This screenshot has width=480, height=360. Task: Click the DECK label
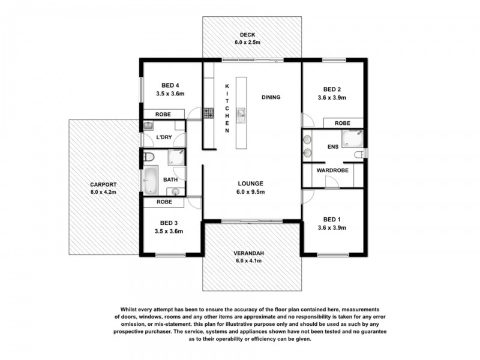click(x=244, y=34)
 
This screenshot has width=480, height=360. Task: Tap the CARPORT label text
click(x=103, y=185)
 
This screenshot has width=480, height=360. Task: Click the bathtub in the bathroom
click(x=150, y=179)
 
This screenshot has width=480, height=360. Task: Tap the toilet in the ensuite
click(x=359, y=155)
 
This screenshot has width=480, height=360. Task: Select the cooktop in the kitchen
click(x=208, y=113)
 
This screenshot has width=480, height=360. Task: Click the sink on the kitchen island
click(x=242, y=113)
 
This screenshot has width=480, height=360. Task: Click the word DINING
click(x=271, y=97)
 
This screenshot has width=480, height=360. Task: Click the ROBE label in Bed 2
click(x=343, y=122)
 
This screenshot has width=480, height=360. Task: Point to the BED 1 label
click(x=331, y=219)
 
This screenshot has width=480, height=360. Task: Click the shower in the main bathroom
click(x=175, y=158)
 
